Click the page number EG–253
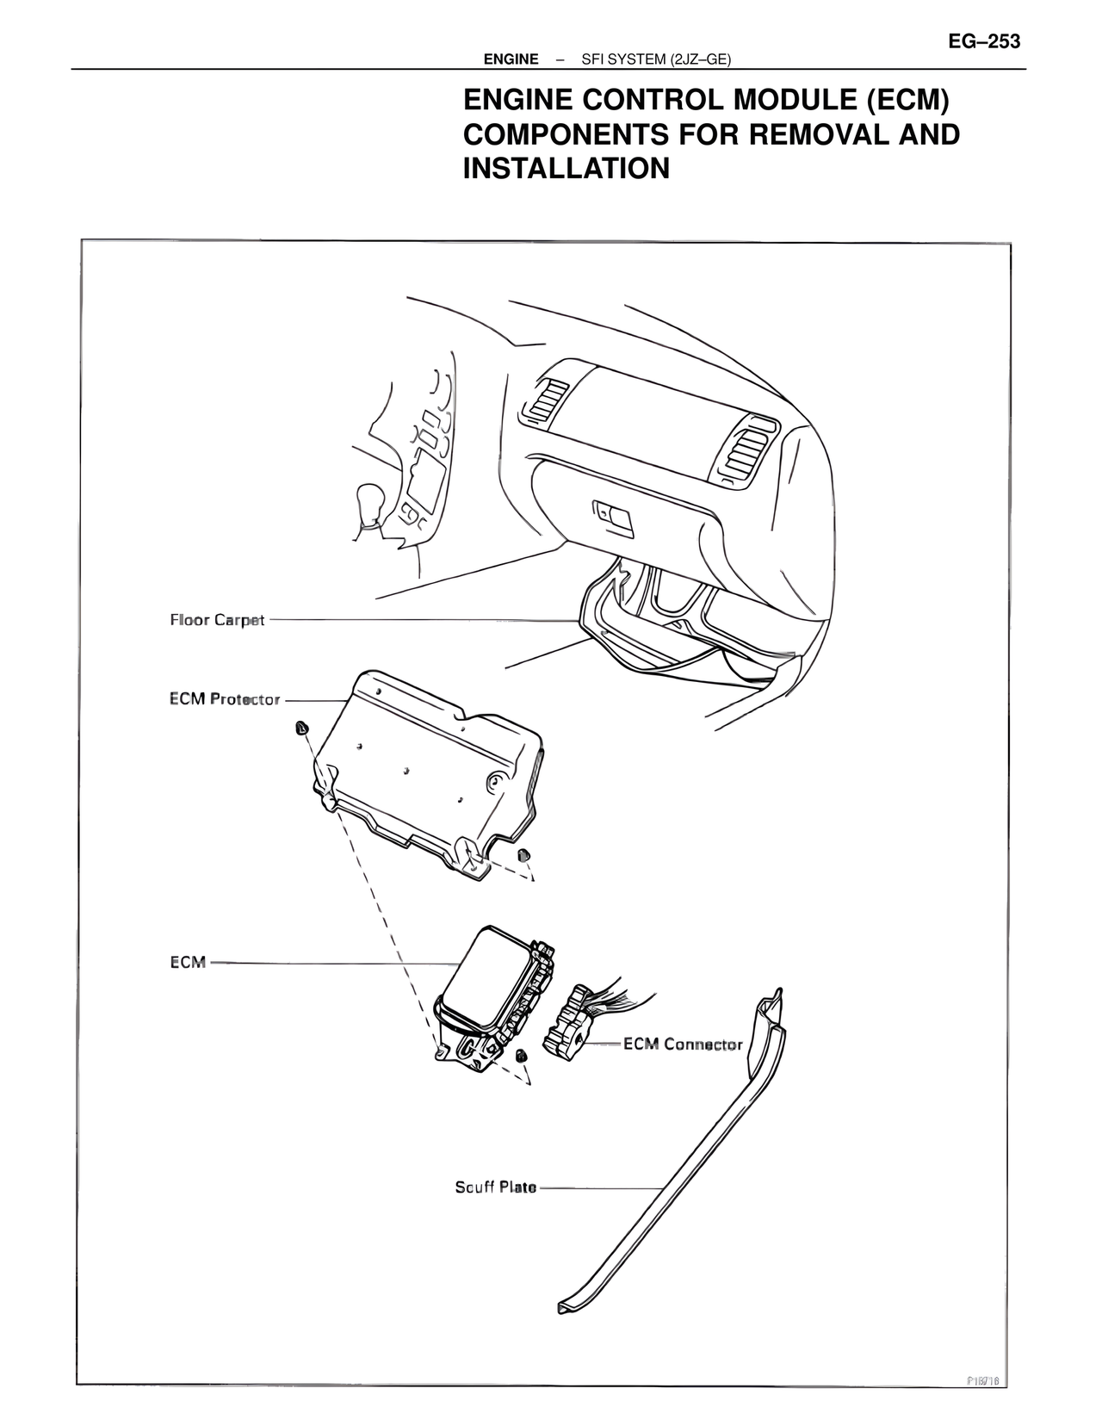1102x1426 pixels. pos(984,41)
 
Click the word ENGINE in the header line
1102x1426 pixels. pos(511,59)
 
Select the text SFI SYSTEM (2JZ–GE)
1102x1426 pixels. pos(656,59)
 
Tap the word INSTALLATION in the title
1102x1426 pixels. pos(566,168)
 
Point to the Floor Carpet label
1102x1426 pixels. pos(217,620)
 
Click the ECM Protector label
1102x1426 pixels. pos(225,699)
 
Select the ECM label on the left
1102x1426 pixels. pos(188,962)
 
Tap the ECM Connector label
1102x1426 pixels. pos(683,1045)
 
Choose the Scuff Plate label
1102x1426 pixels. pos(495,1187)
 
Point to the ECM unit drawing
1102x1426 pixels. pos(486,990)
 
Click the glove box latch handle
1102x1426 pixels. pos(613,515)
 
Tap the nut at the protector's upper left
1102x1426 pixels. pos(300,728)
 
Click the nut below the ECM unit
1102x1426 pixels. pos(520,1056)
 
